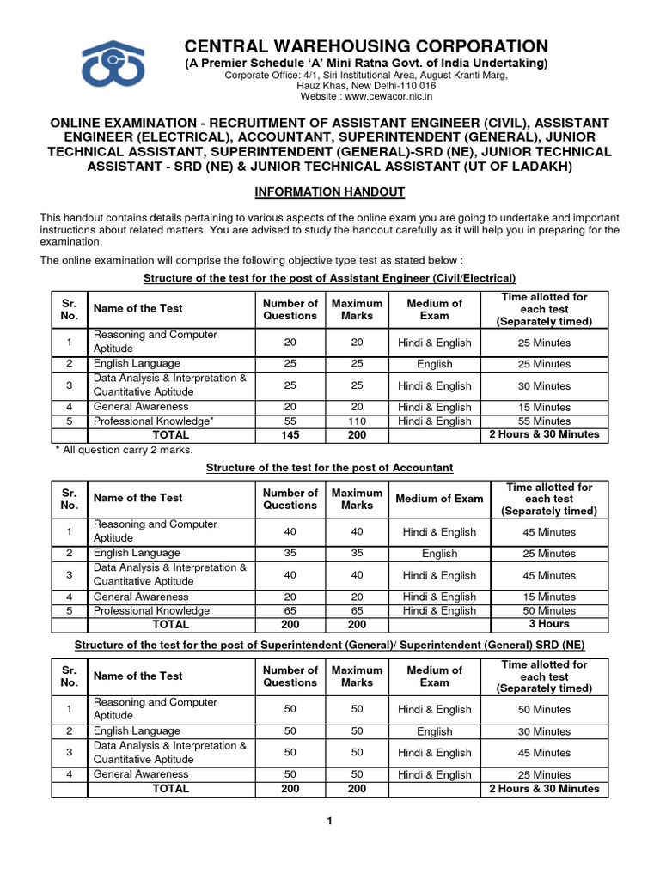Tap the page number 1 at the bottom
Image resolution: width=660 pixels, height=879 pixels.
point(329,821)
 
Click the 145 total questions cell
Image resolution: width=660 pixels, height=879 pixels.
point(290,434)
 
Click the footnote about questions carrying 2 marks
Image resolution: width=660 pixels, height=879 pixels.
point(124,450)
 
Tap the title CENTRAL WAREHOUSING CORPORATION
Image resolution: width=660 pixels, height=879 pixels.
point(366,46)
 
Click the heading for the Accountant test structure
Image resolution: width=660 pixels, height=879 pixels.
point(330,467)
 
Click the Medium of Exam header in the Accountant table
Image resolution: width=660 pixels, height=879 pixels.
point(439,499)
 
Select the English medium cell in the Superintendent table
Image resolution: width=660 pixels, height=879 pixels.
point(434,731)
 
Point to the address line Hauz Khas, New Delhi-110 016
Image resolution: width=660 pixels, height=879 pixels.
point(366,86)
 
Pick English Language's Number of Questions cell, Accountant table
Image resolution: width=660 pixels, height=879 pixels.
point(290,553)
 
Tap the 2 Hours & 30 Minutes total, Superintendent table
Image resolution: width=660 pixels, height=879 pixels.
point(544,788)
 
